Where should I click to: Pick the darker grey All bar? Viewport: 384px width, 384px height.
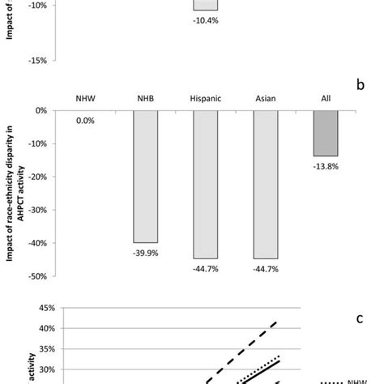326,133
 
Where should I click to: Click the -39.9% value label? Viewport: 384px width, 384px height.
145,251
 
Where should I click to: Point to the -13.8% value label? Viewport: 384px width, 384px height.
326,165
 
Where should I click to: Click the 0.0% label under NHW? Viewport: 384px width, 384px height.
85,120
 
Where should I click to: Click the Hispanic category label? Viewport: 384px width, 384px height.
205,98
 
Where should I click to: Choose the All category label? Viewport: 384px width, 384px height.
326,98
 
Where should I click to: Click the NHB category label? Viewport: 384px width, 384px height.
145,98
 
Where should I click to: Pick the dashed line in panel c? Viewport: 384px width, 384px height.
243,350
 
